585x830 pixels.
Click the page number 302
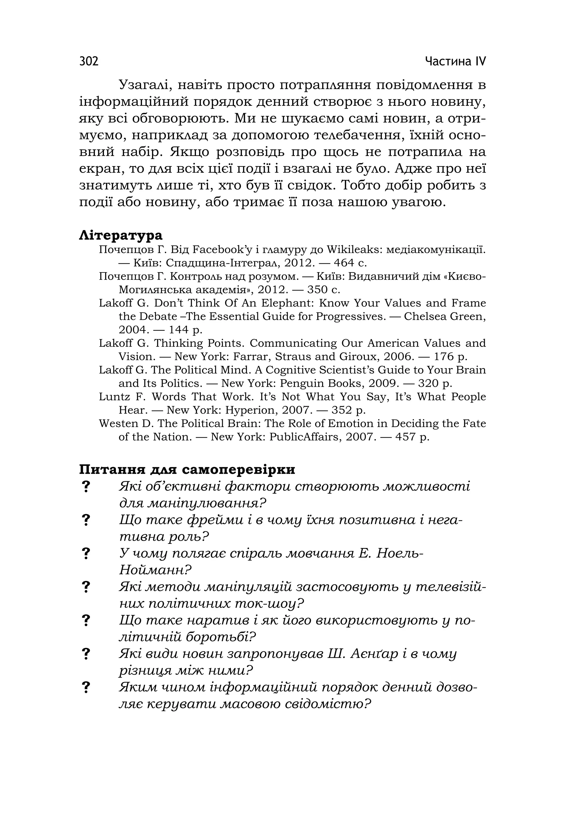tap(89, 61)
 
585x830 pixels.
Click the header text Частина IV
tap(455, 61)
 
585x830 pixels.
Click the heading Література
tap(121, 235)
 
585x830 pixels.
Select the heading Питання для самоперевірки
tap(187, 470)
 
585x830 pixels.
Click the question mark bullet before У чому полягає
tap(86, 554)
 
